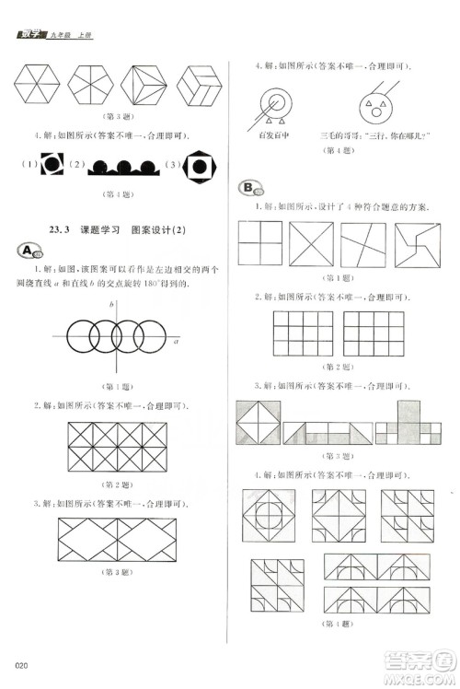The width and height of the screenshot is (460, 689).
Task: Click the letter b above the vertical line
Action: (111, 304)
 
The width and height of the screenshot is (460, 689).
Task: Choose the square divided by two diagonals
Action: (313, 246)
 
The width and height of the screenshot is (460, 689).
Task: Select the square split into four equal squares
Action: (260, 246)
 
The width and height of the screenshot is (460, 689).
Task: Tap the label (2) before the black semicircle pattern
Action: (77, 167)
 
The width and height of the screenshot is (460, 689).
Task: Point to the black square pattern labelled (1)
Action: (49, 166)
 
